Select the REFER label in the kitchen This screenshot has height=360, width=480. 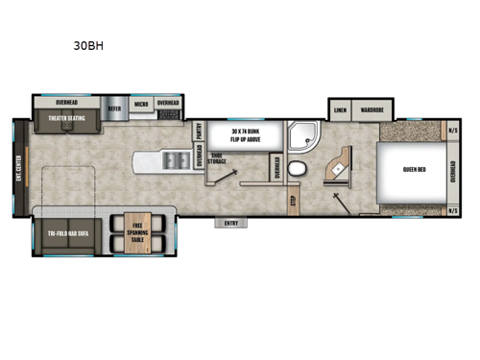113,108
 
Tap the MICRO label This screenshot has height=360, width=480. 139,102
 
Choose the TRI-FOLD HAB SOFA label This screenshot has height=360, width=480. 63,232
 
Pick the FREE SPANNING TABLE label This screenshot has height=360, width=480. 137,231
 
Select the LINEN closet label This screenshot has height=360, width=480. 339,110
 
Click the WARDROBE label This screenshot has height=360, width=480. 372,110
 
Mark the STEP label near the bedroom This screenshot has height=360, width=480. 293,201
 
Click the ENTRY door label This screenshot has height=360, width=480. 230,224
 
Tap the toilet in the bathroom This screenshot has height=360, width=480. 297,169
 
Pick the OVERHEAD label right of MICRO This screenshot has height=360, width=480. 168,102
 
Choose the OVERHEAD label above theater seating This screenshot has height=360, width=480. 66,100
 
